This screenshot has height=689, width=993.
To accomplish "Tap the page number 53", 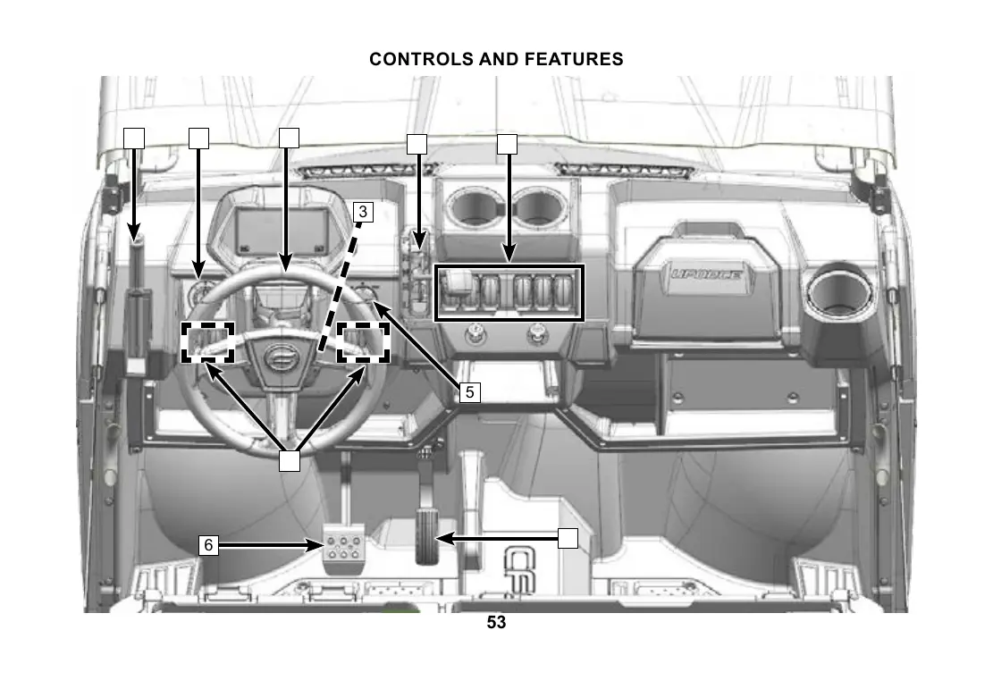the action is [496, 623].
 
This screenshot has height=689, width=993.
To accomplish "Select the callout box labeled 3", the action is [363, 212].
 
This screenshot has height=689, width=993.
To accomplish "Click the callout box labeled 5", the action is [470, 391].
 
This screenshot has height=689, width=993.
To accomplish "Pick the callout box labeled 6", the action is [208, 544].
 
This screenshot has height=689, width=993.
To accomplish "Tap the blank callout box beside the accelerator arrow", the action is [568, 538].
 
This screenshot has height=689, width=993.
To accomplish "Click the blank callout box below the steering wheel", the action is [288, 461].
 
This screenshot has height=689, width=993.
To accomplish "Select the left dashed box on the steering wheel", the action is [208, 342].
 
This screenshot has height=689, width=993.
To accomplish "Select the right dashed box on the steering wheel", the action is [364, 342].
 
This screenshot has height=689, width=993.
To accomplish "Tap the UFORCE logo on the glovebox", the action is [705, 273].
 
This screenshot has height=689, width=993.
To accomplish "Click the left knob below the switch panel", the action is [475, 337].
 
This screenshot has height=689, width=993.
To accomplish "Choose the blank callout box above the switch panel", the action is [507, 143].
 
